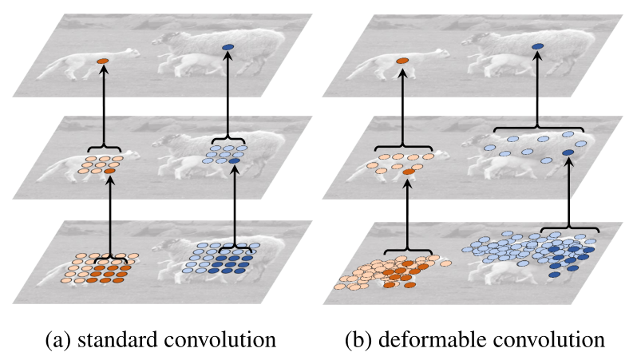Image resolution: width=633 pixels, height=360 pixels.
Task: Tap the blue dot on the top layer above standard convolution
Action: tap(229, 48)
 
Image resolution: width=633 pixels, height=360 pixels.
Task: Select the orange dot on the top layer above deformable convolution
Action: tap(403, 60)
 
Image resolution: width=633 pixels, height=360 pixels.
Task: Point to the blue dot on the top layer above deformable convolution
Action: tap(537, 48)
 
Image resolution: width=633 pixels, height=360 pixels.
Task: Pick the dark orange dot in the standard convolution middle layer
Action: tap(109, 171)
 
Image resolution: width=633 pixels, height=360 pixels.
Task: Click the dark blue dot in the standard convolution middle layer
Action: tap(233, 161)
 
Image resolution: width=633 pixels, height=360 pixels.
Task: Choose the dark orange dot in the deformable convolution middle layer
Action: tap(409, 172)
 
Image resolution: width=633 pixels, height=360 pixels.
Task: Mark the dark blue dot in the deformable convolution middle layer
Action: tap(568, 152)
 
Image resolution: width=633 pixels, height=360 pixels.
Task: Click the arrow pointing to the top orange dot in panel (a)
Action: tap(102, 104)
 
